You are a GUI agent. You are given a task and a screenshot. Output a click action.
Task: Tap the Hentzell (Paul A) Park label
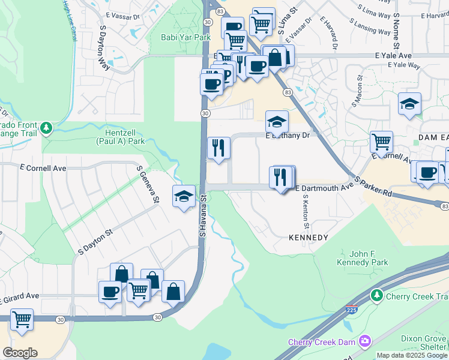121,137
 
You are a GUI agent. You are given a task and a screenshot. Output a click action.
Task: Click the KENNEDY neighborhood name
309,238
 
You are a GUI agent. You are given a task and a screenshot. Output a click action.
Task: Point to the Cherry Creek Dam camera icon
364,341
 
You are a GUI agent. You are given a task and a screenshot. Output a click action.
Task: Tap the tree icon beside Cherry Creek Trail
376,295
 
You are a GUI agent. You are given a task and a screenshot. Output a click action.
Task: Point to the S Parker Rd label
373,187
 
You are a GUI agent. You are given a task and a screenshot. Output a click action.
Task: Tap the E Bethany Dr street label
288,136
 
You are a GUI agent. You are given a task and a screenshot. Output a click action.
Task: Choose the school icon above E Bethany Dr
277,121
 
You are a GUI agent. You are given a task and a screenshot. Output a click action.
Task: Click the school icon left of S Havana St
184,196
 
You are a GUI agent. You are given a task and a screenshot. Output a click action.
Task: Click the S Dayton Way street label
104,47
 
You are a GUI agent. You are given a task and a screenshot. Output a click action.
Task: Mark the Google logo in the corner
20,353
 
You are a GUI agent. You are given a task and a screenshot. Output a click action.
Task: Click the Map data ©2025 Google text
412,355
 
